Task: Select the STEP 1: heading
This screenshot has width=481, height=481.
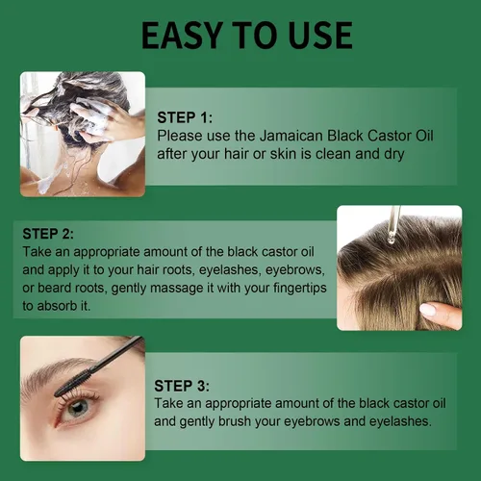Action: (185, 117)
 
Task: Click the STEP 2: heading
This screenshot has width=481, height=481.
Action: (48, 234)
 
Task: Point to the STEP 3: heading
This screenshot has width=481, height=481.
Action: (182, 386)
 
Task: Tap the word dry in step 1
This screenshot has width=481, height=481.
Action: (393, 154)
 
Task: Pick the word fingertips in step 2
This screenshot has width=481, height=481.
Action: (300, 289)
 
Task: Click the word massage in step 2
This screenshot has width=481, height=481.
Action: (177, 289)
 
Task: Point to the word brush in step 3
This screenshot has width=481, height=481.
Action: (235, 421)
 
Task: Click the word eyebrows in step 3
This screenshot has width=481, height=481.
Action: (312, 421)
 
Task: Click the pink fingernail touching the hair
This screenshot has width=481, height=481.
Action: (428, 310)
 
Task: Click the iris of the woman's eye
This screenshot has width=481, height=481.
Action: (77, 408)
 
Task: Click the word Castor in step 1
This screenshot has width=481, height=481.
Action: (389, 136)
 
